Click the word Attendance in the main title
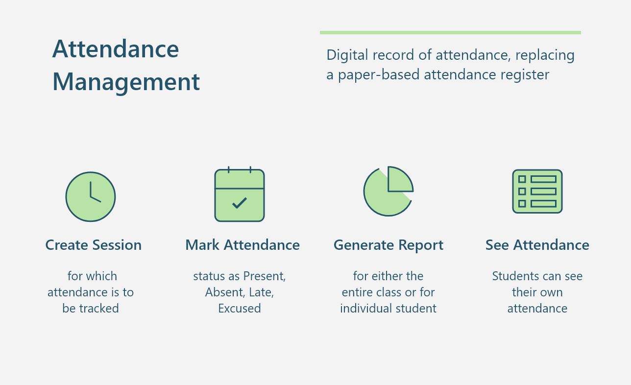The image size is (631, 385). point(116,48)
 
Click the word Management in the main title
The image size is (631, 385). point(126,82)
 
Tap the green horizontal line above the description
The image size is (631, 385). point(450,33)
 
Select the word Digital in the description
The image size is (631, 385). point(347,55)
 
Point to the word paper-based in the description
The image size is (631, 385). point(379,75)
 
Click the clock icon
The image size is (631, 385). point(91,196)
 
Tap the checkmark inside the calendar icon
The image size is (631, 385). point(240,203)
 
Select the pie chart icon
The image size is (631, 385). point(388,191)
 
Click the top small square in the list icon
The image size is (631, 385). point(522,179)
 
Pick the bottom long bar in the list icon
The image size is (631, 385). point(543,204)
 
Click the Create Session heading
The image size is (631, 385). point(94,245)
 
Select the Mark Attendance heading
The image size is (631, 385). point(243,245)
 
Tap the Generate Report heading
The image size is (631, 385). point(388,245)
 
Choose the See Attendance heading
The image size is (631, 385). point(537,245)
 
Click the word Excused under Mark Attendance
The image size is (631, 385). point(240,309)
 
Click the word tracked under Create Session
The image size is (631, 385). point(99,309)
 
